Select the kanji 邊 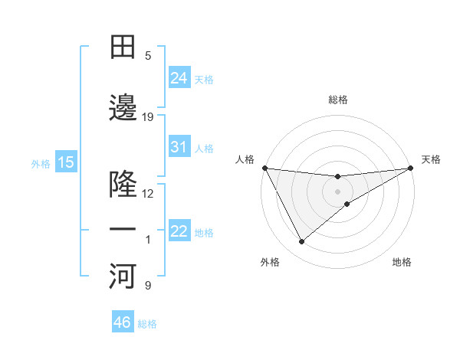pyautogui.click(x=123, y=109)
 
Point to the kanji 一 pyautogui.click(x=123, y=230)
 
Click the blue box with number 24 pyautogui.click(x=179, y=78)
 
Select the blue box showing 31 pyautogui.click(x=179, y=147)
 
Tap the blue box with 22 pyautogui.click(x=179, y=231)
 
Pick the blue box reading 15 pyautogui.click(x=66, y=162)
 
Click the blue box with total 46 pyautogui.click(x=123, y=322)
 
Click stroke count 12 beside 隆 pyautogui.click(x=148, y=194)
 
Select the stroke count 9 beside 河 pyautogui.click(x=148, y=286)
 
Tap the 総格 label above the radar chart pyautogui.click(x=338, y=100)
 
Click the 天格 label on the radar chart pyautogui.click(x=431, y=159)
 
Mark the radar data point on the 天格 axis pyautogui.click(x=411, y=168)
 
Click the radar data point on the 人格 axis pyautogui.click(x=264, y=168)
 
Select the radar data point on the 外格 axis pyautogui.click(x=301, y=242)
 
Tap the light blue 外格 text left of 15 pyautogui.click(x=41, y=163)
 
